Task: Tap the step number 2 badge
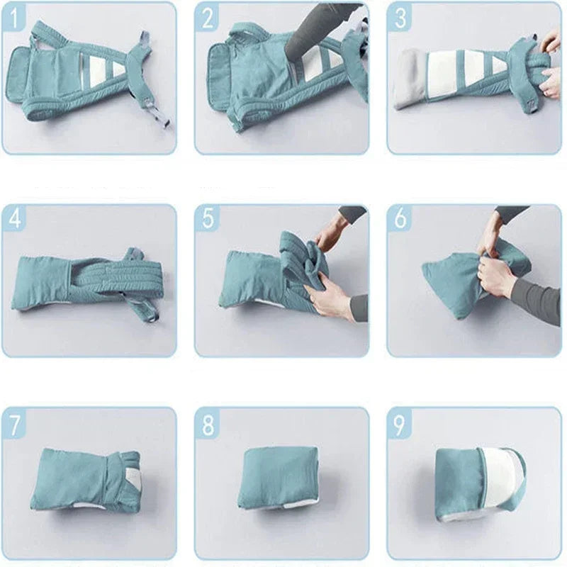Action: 208,18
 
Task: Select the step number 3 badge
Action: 400,18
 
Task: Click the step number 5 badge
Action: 208,219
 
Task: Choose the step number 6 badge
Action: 400,219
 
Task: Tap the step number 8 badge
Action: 208,423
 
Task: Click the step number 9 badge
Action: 400,423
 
